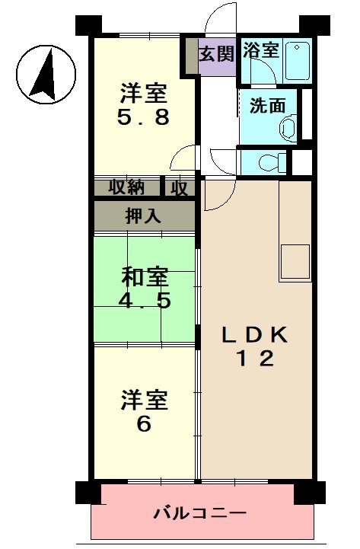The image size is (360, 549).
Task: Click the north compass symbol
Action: pos(46,73)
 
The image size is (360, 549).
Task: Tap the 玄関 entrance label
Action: pos(217,55)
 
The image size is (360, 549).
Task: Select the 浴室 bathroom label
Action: pos(261,51)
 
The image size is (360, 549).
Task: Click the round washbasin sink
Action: pos(288,126)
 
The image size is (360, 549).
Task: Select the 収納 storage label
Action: pos(126,187)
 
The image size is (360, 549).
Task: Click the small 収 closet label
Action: pos(180,187)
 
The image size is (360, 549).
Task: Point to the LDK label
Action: pos(254,336)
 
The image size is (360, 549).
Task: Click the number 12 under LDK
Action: pos(254,359)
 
